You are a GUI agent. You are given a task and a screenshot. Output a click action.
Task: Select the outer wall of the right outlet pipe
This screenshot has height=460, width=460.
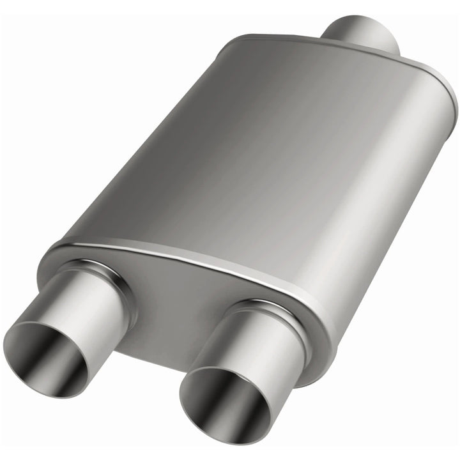268,339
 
